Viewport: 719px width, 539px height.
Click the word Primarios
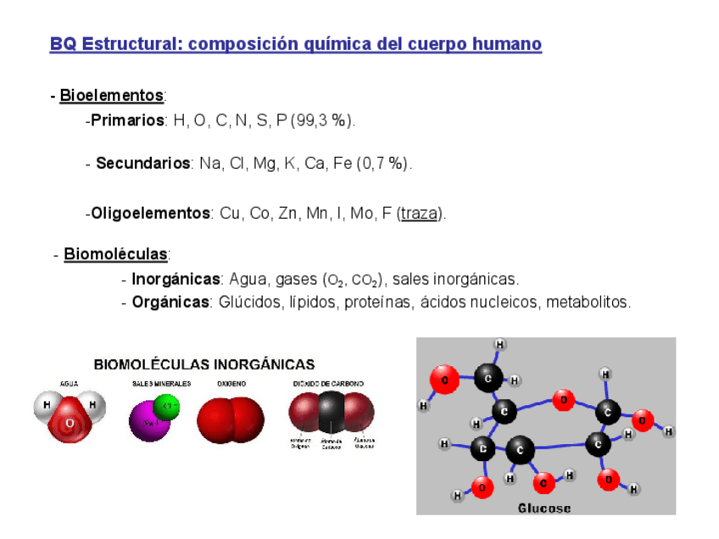tap(127, 120)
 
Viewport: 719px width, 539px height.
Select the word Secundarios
tap(142, 163)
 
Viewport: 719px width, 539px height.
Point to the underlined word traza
tap(419, 213)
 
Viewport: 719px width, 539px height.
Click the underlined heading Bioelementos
tap(111, 95)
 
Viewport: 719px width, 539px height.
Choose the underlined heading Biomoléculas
tap(115, 254)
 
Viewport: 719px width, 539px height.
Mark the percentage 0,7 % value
tap(384, 163)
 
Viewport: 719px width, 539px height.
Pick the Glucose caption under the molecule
tap(544, 508)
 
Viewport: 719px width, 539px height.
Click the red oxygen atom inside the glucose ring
tap(563, 398)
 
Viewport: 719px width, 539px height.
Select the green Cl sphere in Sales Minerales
tap(166, 406)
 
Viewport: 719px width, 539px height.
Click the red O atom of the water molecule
tap(70, 423)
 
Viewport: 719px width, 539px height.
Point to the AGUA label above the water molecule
tap(70, 384)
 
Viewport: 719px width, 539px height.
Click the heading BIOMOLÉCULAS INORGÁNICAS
tap(204, 364)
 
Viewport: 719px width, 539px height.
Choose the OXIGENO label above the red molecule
tap(231, 384)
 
